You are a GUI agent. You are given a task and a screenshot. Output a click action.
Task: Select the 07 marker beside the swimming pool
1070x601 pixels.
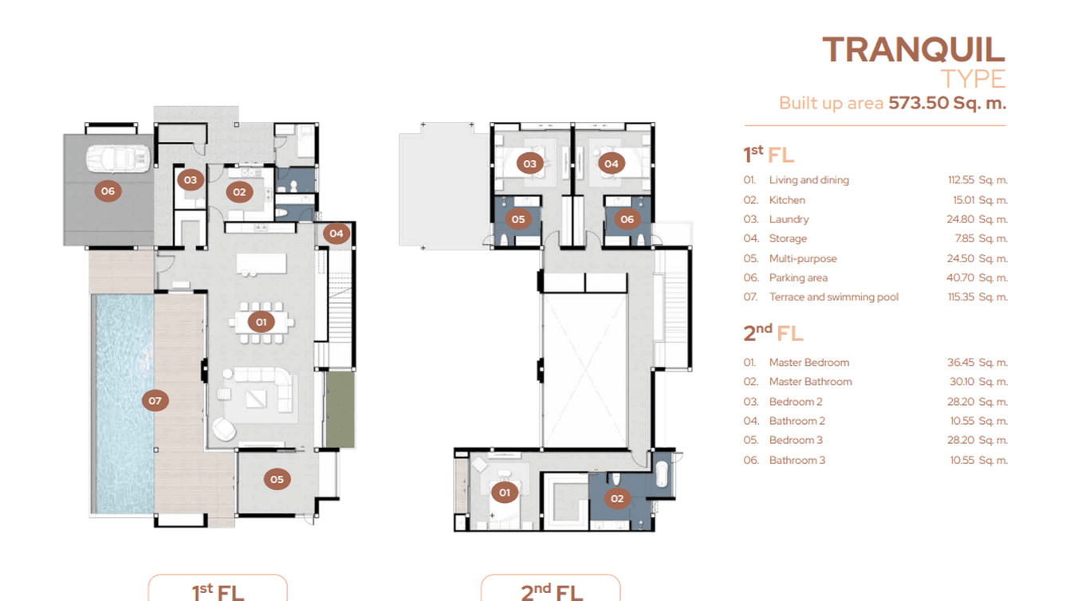coord(155,400)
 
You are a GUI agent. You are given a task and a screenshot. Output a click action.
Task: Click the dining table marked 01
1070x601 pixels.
coord(261,323)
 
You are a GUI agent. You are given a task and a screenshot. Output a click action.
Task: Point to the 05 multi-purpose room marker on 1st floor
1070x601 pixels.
coord(277,479)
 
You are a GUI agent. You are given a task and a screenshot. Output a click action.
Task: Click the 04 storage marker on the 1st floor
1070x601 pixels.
coord(336,234)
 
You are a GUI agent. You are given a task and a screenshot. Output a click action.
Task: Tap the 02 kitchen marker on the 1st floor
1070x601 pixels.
coord(238,191)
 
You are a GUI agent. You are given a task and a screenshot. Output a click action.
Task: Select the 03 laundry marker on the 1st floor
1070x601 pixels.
coord(190,180)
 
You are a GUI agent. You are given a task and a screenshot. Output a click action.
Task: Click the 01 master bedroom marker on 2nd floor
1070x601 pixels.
coord(504,493)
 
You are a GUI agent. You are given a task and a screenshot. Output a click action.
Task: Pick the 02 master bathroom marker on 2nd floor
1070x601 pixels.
coord(616,499)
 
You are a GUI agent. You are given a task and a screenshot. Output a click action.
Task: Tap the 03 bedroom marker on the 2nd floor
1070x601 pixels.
coord(529,164)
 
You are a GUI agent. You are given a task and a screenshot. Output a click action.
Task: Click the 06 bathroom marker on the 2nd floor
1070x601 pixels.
coord(627,219)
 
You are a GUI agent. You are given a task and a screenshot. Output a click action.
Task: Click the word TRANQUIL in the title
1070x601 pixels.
coord(913,49)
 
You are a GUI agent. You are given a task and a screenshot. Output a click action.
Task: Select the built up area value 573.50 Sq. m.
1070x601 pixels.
coord(947,103)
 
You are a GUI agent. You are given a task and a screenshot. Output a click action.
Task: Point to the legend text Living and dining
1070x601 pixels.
coord(808,180)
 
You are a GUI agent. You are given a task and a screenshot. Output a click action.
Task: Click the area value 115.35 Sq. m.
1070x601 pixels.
coord(978,297)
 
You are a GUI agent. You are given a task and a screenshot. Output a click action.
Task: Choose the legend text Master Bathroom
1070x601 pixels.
coord(810,382)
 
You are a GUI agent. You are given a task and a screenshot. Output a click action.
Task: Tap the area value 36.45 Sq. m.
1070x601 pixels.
coord(978,363)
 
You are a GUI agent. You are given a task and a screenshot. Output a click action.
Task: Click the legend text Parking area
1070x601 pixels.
coord(798,277)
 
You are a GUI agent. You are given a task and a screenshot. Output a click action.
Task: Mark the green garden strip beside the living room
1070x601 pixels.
coord(340,409)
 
